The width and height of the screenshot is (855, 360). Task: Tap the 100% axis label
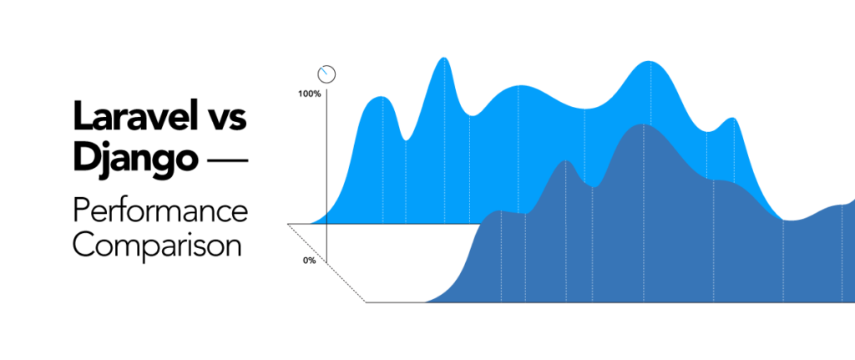pos(309,94)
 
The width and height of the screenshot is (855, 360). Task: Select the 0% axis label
pos(309,261)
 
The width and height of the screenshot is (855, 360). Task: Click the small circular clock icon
pos(326,74)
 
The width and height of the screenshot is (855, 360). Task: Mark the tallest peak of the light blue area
pos(444,59)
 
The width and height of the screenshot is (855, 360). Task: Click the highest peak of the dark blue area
pos(641,125)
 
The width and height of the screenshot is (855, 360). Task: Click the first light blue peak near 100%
pos(381,99)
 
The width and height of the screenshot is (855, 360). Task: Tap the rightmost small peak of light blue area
pos(732,119)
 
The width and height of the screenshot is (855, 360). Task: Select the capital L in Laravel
pos(81,118)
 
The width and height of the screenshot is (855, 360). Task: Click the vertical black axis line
pos(326,167)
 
